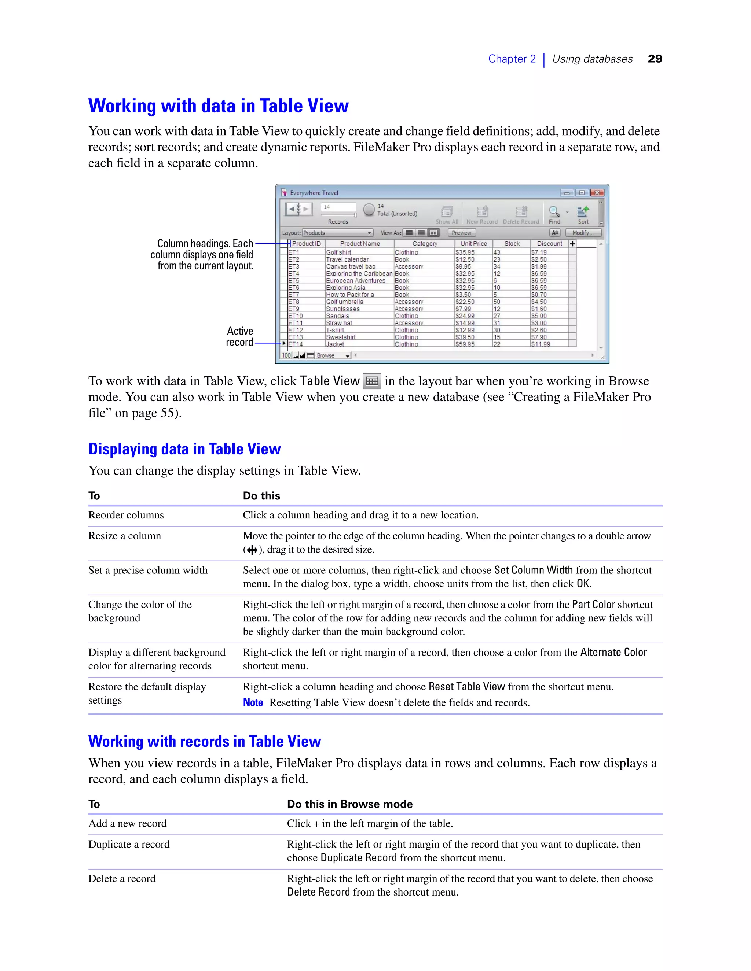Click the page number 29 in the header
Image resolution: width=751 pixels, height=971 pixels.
pyautogui.click(x=655, y=59)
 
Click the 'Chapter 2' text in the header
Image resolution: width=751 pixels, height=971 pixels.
pyautogui.click(x=512, y=59)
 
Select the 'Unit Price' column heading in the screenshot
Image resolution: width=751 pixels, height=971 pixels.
pyautogui.click(x=473, y=244)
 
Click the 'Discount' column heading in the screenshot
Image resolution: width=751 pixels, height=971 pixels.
pyautogui.click(x=549, y=244)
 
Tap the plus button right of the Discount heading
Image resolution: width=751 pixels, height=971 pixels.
pyautogui.click(x=572, y=244)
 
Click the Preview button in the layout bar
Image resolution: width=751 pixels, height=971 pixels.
pyautogui.click(x=461, y=233)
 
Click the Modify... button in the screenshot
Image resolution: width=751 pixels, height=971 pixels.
pyautogui.click(x=583, y=233)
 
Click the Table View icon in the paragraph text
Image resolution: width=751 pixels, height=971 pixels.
pyautogui.click(x=372, y=381)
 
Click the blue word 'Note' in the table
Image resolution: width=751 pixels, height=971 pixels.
pyautogui.click(x=253, y=702)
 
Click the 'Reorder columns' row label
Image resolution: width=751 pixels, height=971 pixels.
pyautogui.click(x=126, y=515)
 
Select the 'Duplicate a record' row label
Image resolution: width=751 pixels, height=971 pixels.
pyautogui.click(x=129, y=844)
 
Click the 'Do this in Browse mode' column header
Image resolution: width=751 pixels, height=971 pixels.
pyautogui.click(x=350, y=804)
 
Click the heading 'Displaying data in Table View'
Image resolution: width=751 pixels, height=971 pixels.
pyautogui.click(x=184, y=449)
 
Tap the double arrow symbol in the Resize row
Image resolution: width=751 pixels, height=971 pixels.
pyautogui.click(x=252, y=550)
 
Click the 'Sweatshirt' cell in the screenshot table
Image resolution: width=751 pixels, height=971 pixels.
pyautogui.click(x=341, y=337)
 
